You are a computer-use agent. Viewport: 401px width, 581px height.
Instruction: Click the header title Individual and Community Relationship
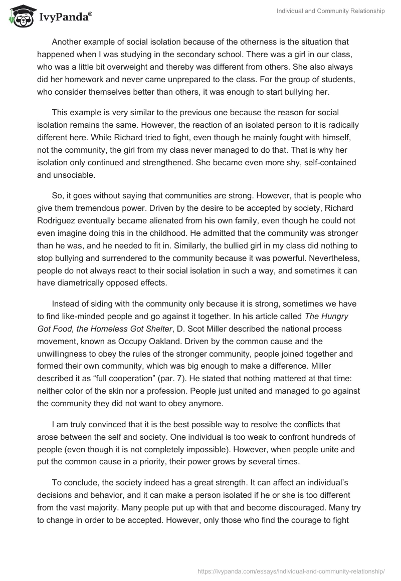tap(331, 12)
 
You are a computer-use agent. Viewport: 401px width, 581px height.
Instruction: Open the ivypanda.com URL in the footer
tap(292, 570)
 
